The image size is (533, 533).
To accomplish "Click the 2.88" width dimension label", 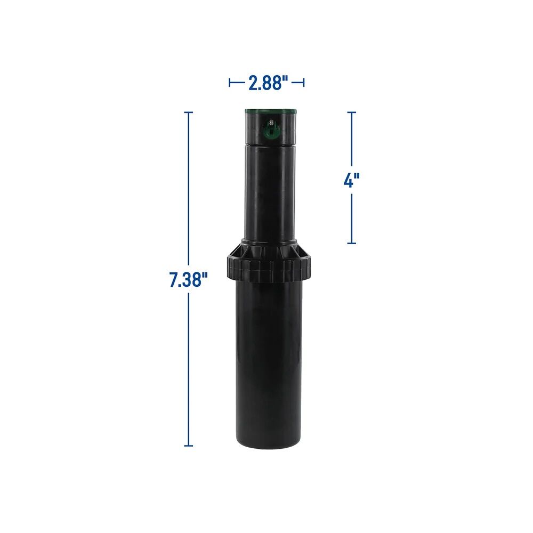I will pos(268,83).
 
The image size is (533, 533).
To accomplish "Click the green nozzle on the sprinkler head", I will pos(271,128).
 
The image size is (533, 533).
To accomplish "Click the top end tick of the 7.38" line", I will pos(188,112).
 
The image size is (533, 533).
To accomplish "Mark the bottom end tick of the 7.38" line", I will pos(188,446).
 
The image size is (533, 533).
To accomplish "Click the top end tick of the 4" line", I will pos(351,112).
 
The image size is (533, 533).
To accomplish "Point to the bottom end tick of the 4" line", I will pos(351,244).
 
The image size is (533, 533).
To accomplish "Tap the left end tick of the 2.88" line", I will pos(230,83).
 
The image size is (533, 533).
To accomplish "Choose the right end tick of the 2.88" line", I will pos(304,83).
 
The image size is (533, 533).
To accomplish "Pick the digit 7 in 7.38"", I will pos(174,279).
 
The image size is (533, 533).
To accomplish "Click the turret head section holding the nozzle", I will pos(270,131).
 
